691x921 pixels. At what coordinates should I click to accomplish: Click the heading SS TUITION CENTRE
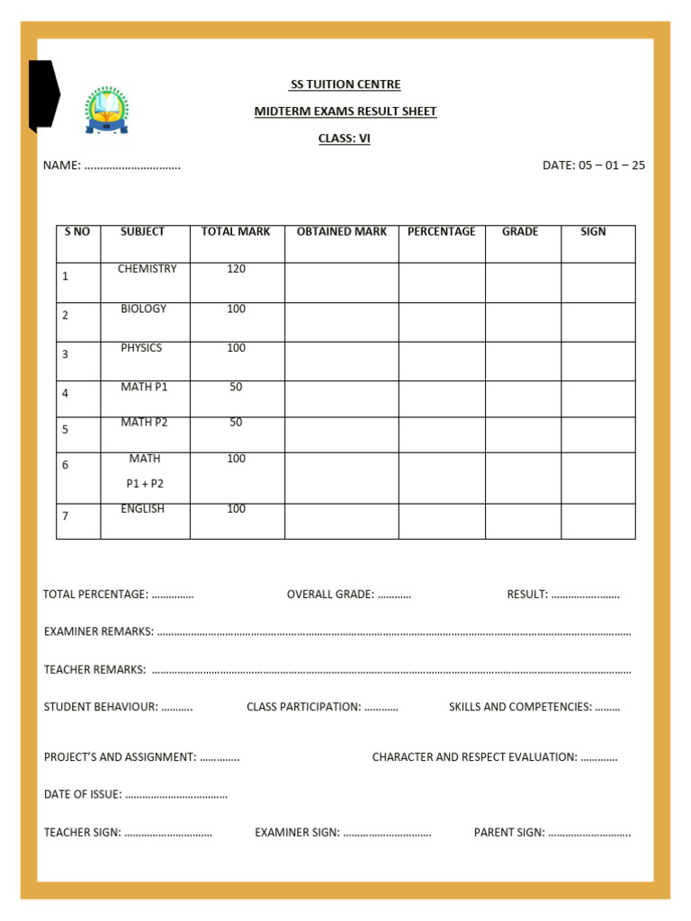pyautogui.click(x=345, y=85)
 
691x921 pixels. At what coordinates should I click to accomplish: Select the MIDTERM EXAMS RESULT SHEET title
pyautogui.click(x=345, y=112)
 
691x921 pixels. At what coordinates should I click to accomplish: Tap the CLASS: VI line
pyautogui.click(x=345, y=139)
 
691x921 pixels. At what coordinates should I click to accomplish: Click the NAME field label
pyautogui.click(x=62, y=165)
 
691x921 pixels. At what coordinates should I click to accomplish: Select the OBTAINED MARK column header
pyautogui.click(x=342, y=232)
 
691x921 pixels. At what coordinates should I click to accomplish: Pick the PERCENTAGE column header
pyautogui.click(x=442, y=232)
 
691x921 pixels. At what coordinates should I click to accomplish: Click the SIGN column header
pyautogui.click(x=593, y=232)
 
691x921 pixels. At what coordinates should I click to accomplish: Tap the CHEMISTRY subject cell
pyautogui.click(x=147, y=269)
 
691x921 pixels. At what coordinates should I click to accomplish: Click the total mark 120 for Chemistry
pyautogui.click(x=236, y=269)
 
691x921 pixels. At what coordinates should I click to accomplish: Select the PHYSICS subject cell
pyautogui.click(x=141, y=348)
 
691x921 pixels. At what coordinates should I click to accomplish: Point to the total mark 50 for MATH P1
pyautogui.click(x=236, y=387)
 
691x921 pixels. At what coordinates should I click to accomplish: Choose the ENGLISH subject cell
pyautogui.click(x=143, y=509)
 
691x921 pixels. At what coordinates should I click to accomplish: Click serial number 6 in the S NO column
pyautogui.click(x=66, y=465)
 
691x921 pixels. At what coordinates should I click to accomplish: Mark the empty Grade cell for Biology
pyautogui.click(x=523, y=322)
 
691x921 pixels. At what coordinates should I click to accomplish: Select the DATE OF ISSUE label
pyautogui.click(x=83, y=794)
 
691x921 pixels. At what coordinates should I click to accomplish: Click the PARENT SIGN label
pyautogui.click(x=509, y=832)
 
